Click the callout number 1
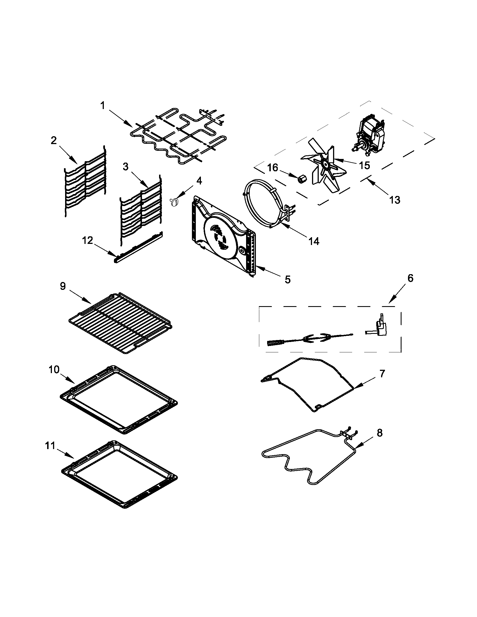point(103,106)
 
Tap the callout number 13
point(395,200)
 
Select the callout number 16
point(273,168)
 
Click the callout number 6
point(410,278)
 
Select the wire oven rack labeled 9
point(120,322)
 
